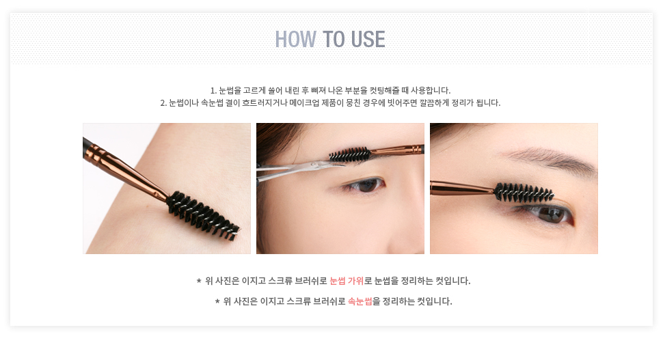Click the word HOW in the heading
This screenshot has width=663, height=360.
295,40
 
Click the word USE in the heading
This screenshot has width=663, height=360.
368,40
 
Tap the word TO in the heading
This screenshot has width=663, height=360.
334,40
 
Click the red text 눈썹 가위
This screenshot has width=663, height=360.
347,281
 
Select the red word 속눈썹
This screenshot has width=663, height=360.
360,301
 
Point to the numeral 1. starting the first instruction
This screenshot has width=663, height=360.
213,90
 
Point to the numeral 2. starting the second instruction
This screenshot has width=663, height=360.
163,103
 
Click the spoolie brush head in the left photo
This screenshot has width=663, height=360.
203,215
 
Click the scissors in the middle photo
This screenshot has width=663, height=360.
296,169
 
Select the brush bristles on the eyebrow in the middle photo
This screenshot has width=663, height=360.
349,154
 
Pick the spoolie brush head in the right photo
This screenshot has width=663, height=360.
524,193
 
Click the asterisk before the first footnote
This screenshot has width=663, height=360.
199,281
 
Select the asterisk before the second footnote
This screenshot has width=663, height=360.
217,301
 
